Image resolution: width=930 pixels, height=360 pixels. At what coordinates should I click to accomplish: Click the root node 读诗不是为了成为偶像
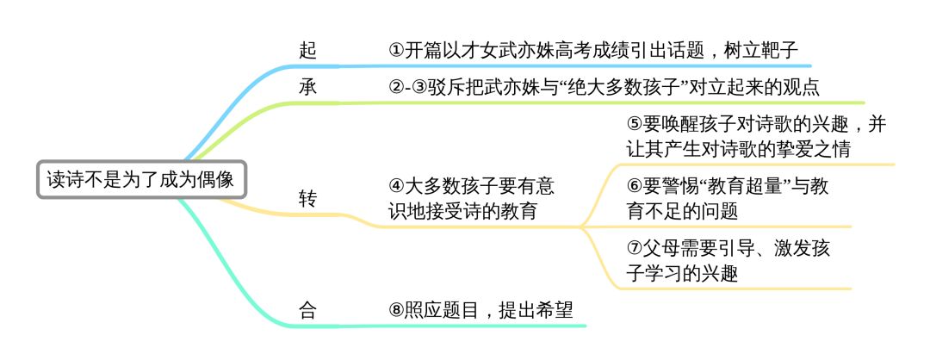pyautogui.click(x=142, y=180)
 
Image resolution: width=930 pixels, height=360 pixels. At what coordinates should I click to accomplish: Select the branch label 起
pyautogui.click(x=307, y=51)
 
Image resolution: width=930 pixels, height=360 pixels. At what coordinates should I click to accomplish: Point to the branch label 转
pyautogui.click(x=307, y=199)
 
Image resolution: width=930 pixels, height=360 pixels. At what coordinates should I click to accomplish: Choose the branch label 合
pyautogui.click(x=307, y=310)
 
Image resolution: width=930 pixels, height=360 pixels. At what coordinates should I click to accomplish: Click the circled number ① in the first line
pyautogui.click(x=397, y=51)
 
